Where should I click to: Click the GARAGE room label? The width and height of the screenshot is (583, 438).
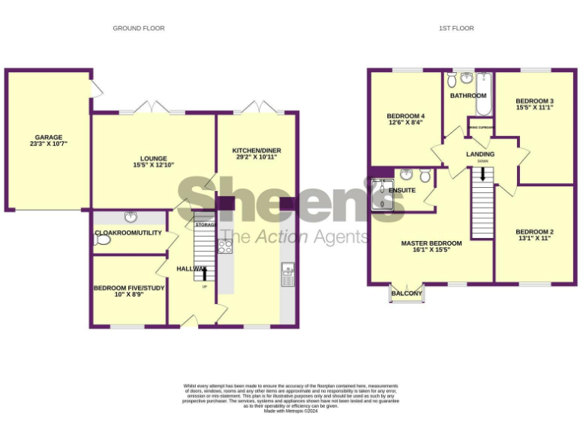[x=49, y=138]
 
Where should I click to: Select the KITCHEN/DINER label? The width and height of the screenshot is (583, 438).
[x=256, y=151]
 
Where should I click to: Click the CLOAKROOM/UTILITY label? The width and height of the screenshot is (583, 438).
[x=128, y=233]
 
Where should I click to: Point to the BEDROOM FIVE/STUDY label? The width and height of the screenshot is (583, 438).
[x=128, y=288]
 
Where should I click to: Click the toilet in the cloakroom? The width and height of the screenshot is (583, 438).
[x=103, y=240]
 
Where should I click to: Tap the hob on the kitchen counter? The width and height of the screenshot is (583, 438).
[x=225, y=246]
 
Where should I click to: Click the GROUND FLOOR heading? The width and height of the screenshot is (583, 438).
[x=139, y=28]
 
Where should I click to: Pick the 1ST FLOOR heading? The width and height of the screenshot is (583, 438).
[x=456, y=28]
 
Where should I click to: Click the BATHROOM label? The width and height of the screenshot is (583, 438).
[x=468, y=96]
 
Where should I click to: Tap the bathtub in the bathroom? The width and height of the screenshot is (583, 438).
[x=484, y=94]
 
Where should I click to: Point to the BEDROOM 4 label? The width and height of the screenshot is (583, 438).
[x=406, y=116]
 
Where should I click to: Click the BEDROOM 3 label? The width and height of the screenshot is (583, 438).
[x=534, y=101]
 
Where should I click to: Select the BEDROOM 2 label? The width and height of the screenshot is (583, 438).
[x=534, y=232]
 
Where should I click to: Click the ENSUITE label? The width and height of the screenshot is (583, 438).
[x=402, y=190]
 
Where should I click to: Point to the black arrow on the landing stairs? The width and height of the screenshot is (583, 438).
[x=483, y=175]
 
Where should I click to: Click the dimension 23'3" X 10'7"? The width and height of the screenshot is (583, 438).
[x=49, y=144]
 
